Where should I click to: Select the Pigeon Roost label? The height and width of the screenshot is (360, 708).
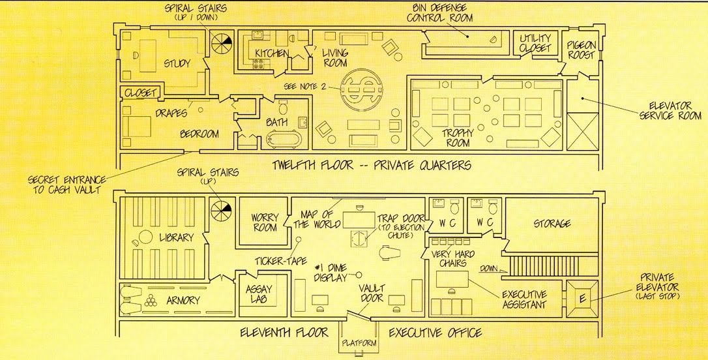[x=582, y=50]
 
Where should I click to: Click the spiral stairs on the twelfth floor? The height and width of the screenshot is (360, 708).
[x=222, y=44]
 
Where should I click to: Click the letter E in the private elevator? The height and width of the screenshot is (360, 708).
[x=582, y=298]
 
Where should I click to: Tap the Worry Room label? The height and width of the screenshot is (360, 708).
[x=265, y=222]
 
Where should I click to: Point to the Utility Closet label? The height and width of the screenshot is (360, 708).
[x=535, y=43]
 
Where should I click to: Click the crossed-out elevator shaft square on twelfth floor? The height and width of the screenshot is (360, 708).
[x=582, y=131]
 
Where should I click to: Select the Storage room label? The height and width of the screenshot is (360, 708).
[x=552, y=224]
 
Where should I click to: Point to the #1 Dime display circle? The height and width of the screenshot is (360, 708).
[x=359, y=274]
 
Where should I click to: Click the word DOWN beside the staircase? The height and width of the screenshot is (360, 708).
[x=488, y=268]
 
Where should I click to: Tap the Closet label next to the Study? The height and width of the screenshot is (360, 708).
[x=140, y=93]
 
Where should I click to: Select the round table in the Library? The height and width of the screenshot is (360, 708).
[x=146, y=237]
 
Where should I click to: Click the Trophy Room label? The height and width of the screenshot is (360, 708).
[x=458, y=138]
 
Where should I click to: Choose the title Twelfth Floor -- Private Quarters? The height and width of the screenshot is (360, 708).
[x=372, y=165]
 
